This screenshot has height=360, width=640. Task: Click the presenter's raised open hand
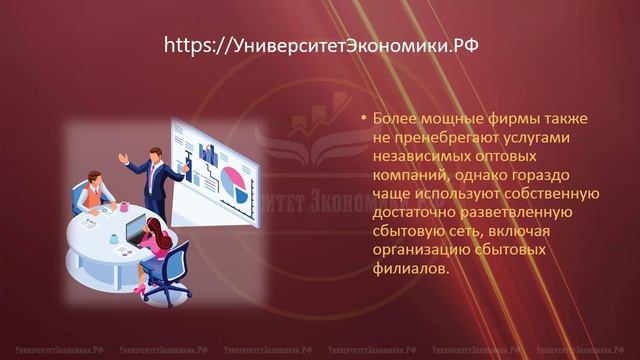(x=122, y=158)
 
